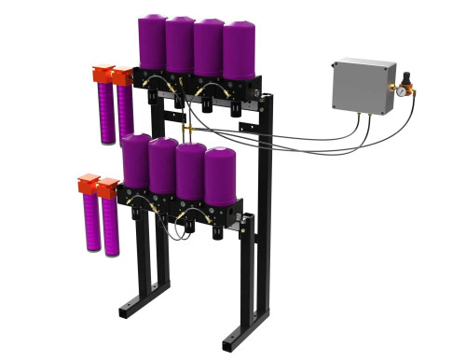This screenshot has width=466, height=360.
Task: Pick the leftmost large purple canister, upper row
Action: coord(152,42)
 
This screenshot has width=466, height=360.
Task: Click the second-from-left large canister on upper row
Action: coord(179,44)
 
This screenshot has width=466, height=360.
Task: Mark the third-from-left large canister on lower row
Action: coord(191,170)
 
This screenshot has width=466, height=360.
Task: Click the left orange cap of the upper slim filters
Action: coord(102,74)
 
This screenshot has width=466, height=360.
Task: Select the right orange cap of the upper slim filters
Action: coord(122,76)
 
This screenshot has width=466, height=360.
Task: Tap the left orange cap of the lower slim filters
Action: coord(89,183)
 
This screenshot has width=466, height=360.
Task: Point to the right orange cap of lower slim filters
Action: coord(109,187)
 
